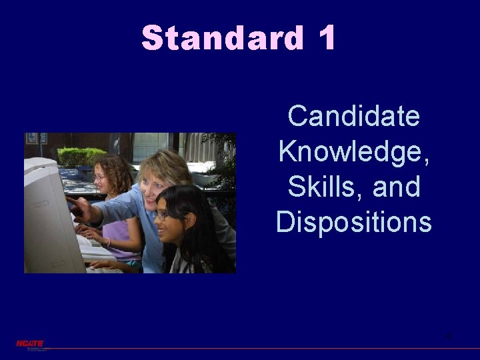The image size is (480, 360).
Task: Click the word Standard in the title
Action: tap(222, 38)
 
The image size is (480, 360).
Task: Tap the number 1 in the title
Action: tap(326, 38)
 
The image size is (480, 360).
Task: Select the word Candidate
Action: tap(353, 117)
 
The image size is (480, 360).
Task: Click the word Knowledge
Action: tap(353, 152)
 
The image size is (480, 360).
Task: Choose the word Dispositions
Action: tap(353, 222)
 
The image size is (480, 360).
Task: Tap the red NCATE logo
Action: tap(30, 343)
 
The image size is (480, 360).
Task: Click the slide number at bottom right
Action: tap(449, 336)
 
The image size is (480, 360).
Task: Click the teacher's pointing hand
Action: tap(75, 205)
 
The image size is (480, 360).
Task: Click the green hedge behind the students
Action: tap(80, 156)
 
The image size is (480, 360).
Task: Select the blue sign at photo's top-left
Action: tap(31, 138)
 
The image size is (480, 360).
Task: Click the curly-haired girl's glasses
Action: tap(101, 177)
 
